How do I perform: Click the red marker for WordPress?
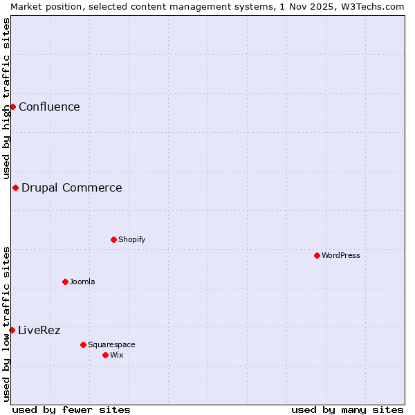pyautogui.click(x=317, y=255)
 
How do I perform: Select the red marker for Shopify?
pyautogui.click(x=113, y=239)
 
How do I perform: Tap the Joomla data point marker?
pyautogui.click(x=65, y=282)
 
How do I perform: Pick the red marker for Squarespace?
pyautogui.click(x=83, y=344)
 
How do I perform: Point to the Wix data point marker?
pyautogui.click(x=105, y=355)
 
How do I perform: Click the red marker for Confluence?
pyautogui.click(x=12, y=107)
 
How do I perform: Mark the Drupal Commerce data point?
pyautogui.click(x=15, y=187)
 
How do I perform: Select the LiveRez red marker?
pyautogui.click(x=12, y=330)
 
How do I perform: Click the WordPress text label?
pyautogui.click(x=341, y=255)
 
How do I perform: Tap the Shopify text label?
pyautogui.click(x=131, y=239)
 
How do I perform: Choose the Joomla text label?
pyautogui.click(x=82, y=282)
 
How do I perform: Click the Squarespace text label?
pyautogui.click(x=111, y=344)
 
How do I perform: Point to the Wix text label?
pyautogui.click(x=116, y=355)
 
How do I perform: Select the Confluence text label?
pyautogui.click(x=49, y=107)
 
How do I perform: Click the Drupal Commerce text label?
pyautogui.click(x=72, y=187)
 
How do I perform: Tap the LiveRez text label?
pyautogui.click(x=39, y=330)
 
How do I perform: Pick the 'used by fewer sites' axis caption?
pyautogui.click(x=71, y=409)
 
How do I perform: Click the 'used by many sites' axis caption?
pyautogui.click(x=347, y=409)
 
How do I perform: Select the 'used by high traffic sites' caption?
pyautogui.click(x=6, y=99)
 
